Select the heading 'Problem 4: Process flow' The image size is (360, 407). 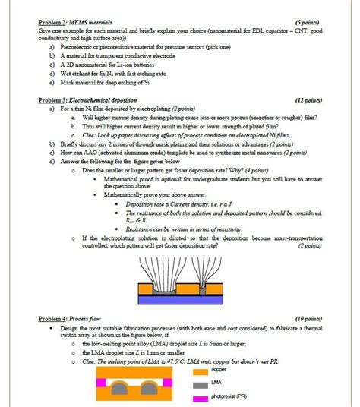pos(69,318)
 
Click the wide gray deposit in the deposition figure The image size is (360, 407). pos(161,289)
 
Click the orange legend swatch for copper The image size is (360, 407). pos(200,371)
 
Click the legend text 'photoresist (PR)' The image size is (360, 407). pos(230,397)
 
